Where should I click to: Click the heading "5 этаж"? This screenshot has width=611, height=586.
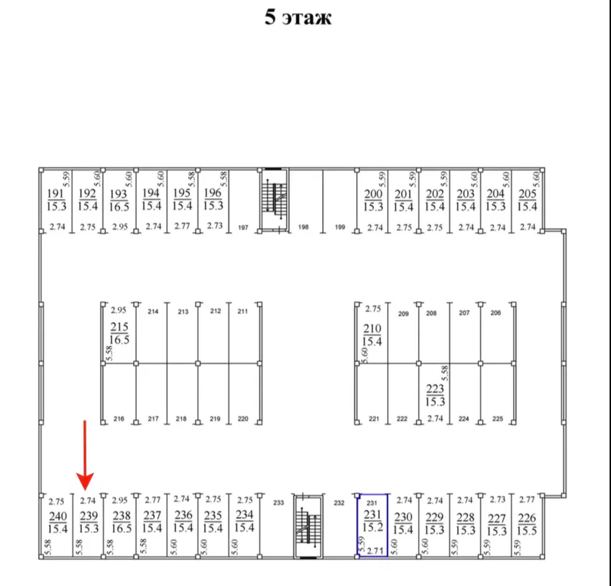298,17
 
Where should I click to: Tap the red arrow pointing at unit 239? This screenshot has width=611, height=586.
86,454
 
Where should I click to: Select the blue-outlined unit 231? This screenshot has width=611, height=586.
372,525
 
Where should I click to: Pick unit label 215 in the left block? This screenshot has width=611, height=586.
119,327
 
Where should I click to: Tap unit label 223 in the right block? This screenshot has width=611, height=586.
435,389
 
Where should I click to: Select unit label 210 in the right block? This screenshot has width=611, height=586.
372,328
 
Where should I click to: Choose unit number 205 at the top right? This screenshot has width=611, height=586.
528,194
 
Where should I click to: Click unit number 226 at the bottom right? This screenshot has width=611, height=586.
526,518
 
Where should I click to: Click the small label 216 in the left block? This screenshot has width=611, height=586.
119,418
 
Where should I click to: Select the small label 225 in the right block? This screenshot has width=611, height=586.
497,418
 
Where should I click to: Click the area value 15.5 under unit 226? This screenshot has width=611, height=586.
526,531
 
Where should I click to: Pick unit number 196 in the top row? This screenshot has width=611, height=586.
213,193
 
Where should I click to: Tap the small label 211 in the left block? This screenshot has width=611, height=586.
242,311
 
